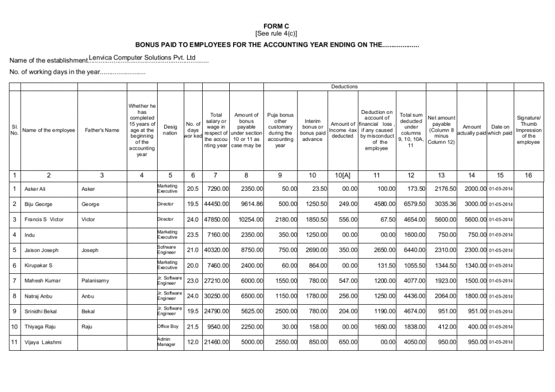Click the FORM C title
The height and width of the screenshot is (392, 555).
[276, 26]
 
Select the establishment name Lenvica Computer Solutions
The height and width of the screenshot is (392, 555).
[141, 57]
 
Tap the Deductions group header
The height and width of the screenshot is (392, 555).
[344, 87]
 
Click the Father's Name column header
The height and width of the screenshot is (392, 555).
[102, 130]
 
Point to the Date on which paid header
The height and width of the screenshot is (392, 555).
[500, 130]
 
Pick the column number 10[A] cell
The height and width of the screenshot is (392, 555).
[343, 175]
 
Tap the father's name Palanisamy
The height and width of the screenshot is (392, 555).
[95, 281]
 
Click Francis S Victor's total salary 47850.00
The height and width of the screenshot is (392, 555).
[216, 220]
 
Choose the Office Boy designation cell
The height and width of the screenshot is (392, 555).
[168, 326]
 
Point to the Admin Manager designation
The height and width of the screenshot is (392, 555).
[167, 342]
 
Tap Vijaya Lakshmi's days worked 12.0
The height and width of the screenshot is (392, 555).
[193, 342]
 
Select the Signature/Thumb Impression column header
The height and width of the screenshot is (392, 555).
[528, 130]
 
